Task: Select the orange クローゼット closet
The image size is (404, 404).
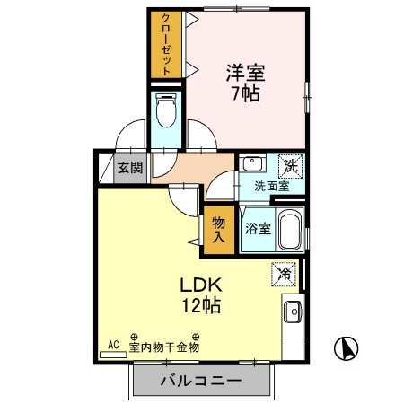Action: [162, 45]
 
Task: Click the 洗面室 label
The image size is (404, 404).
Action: [271, 187]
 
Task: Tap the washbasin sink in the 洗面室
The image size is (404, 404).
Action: [252, 165]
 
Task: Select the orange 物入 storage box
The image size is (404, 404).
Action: [217, 228]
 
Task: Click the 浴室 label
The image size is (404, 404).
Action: [259, 229]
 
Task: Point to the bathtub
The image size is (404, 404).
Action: [290, 232]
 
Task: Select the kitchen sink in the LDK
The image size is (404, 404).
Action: [293, 312]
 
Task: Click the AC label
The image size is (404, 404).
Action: [113, 344]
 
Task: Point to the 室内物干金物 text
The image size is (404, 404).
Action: [163, 346]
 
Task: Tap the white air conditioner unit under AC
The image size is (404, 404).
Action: [114, 355]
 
